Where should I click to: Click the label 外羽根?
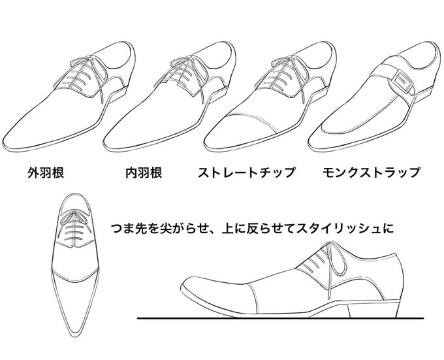[x=46, y=172]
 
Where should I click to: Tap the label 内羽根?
[x=144, y=172]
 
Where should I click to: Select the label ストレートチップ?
[x=246, y=172]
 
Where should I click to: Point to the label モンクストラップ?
[x=371, y=172]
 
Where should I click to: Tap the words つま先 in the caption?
[x=129, y=229]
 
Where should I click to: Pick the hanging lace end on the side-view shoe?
[x=329, y=280]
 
